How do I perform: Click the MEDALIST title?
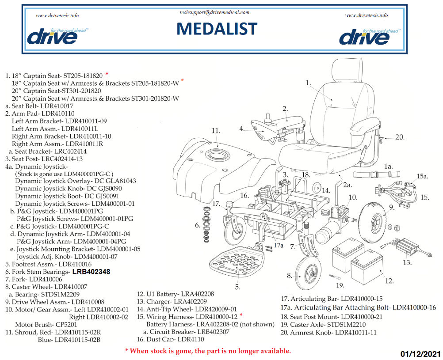point(217,29)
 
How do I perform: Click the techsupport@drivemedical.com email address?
point(214,13)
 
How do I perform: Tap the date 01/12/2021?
point(420,354)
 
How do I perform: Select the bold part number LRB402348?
point(91,272)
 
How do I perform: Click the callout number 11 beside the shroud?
point(216,131)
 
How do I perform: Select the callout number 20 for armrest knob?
point(399,137)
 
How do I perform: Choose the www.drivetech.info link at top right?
point(366,15)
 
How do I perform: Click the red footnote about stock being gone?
point(208,351)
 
